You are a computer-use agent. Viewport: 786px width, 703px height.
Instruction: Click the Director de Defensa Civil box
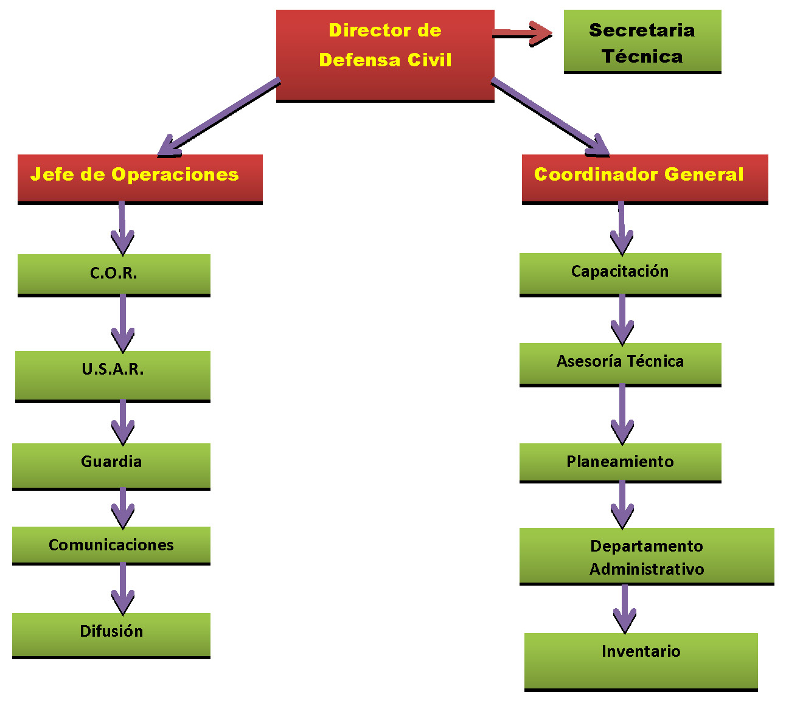coord(384,55)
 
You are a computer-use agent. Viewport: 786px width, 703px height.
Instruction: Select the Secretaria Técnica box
coord(642,41)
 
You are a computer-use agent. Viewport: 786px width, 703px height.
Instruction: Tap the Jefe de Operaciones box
coord(140,178)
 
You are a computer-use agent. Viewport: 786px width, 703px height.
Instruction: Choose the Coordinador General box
coord(644,178)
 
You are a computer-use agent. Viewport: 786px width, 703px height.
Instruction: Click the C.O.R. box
coord(114,274)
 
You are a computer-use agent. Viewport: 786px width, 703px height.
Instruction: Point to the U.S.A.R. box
coord(113,375)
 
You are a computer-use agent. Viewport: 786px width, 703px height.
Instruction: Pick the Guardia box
coord(111,466)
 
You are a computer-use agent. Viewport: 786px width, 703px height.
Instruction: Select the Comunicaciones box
coord(111,545)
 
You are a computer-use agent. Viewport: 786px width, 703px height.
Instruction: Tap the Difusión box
coord(111,635)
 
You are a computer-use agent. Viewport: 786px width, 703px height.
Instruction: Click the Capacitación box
coord(620,274)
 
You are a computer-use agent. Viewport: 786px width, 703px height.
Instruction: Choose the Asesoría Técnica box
coord(620,364)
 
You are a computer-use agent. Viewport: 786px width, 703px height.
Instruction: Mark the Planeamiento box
coord(620,462)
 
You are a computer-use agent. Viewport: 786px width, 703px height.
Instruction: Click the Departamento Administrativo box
coord(646,556)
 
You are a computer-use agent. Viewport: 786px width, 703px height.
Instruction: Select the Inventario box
coord(641,661)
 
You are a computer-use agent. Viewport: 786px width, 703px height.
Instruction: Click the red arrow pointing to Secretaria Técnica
coord(522,33)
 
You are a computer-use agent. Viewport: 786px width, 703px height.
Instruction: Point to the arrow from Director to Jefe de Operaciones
coord(219,116)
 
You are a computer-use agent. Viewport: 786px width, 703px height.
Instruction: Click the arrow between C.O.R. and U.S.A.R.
coord(123,323)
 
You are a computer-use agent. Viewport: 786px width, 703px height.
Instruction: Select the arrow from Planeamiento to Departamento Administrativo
coord(622,504)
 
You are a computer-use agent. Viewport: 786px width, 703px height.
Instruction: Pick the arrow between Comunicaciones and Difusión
coord(123,588)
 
